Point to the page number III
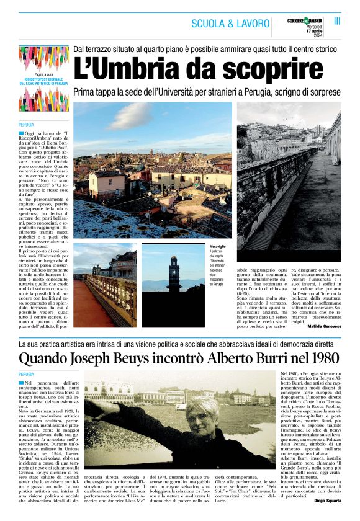pos(338,21)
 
